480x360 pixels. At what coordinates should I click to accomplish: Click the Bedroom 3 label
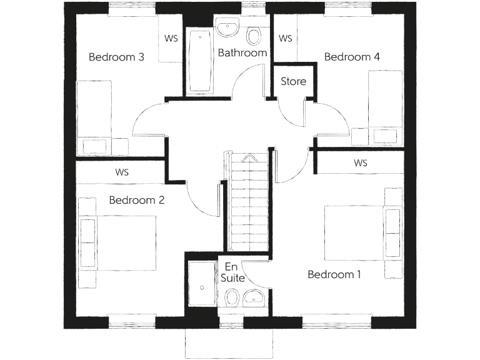click(117, 57)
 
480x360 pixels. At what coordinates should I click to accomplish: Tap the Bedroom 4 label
click(352, 57)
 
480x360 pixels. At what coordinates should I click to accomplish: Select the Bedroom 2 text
click(136, 201)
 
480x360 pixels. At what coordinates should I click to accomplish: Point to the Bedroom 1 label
click(334, 274)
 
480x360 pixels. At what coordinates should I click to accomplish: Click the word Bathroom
click(242, 53)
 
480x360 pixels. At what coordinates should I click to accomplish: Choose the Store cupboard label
click(293, 81)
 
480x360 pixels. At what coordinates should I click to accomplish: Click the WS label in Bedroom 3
click(171, 38)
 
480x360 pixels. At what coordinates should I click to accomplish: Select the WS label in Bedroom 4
click(285, 38)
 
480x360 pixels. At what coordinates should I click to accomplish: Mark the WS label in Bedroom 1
click(361, 163)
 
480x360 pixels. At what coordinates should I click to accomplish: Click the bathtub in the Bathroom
click(201, 61)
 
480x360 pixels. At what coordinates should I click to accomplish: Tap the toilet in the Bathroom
click(254, 35)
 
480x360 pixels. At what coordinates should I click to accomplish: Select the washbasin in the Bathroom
click(227, 28)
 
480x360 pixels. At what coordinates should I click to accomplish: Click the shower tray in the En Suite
click(201, 284)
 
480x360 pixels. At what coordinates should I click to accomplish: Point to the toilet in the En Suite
click(231, 297)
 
